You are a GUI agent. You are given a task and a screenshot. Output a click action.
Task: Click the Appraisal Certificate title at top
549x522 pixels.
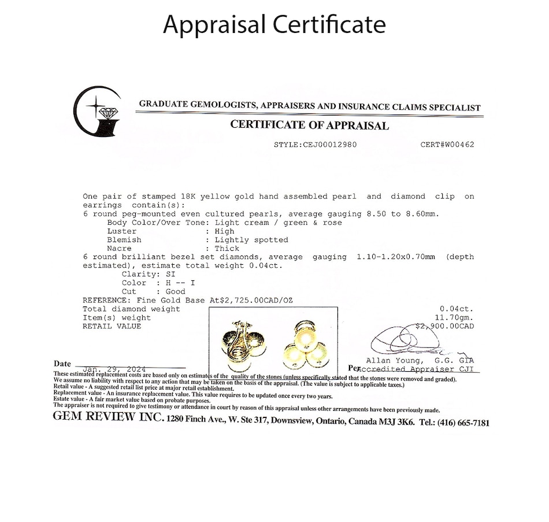click(274, 25)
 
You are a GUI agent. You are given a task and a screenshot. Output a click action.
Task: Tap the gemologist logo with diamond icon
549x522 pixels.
click(98, 111)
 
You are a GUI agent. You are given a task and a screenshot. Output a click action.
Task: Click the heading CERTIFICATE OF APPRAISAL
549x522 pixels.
click(309, 125)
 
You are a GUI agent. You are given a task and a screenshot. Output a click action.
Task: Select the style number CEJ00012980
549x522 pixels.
click(330, 145)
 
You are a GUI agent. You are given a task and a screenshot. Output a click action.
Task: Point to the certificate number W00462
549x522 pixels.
click(456, 145)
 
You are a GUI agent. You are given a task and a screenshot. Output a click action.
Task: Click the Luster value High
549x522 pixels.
click(224, 231)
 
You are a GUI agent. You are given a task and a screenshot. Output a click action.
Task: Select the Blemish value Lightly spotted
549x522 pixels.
click(251, 240)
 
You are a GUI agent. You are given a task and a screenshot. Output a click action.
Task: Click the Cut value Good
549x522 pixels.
click(175, 292)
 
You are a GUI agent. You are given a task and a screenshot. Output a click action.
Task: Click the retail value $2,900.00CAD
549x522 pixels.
click(445, 326)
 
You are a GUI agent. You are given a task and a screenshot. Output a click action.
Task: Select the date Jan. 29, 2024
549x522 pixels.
click(114, 369)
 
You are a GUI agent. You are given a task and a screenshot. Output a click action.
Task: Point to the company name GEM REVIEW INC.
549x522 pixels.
click(108, 417)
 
